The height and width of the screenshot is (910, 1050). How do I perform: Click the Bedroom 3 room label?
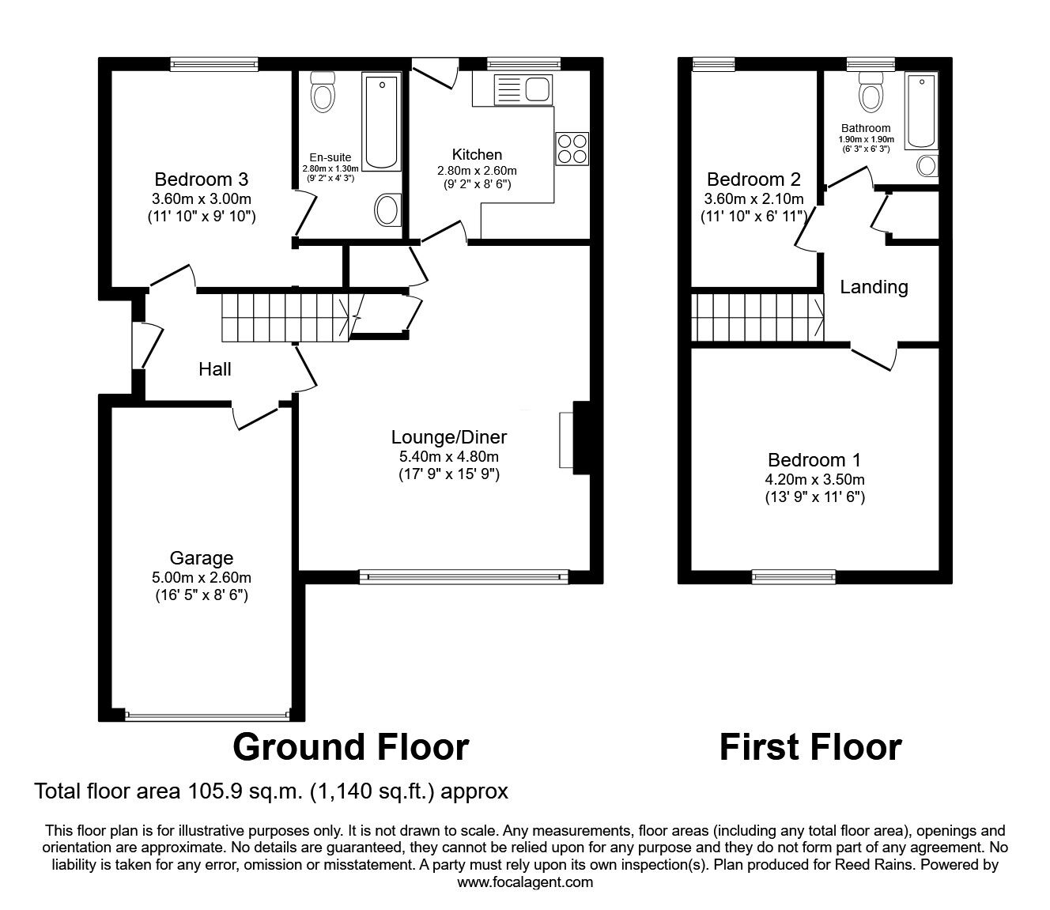click(201, 179)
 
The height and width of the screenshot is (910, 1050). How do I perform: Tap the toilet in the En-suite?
click(323, 92)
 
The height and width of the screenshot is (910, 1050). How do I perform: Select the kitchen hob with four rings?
click(572, 149)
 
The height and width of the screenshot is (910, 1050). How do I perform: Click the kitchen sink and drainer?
click(512, 89)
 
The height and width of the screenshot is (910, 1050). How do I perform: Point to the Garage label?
click(201, 558)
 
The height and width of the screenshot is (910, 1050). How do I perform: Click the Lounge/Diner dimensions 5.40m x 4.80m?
click(448, 456)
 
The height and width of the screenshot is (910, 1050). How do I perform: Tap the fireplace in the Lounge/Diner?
click(575, 439)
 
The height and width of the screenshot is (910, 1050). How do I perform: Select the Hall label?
click(215, 369)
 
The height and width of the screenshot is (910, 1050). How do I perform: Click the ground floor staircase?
click(286, 318)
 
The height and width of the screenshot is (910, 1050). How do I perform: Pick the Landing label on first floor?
click(874, 287)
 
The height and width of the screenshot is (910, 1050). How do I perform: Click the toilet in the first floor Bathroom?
click(871, 93)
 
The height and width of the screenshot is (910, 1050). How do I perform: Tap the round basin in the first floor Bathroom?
click(927, 166)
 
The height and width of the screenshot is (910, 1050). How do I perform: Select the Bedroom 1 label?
click(814, 460)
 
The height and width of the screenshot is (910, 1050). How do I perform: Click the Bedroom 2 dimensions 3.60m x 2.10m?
click(754, 198)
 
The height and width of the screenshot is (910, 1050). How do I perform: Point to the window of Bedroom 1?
click(794, 576)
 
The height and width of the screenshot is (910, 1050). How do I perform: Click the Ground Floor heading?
click(350, 747)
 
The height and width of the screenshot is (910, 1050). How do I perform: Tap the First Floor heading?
click(810, 747)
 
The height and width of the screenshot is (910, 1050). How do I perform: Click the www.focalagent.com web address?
click(525, 882)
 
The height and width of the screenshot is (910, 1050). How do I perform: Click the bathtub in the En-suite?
click(381, 120)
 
